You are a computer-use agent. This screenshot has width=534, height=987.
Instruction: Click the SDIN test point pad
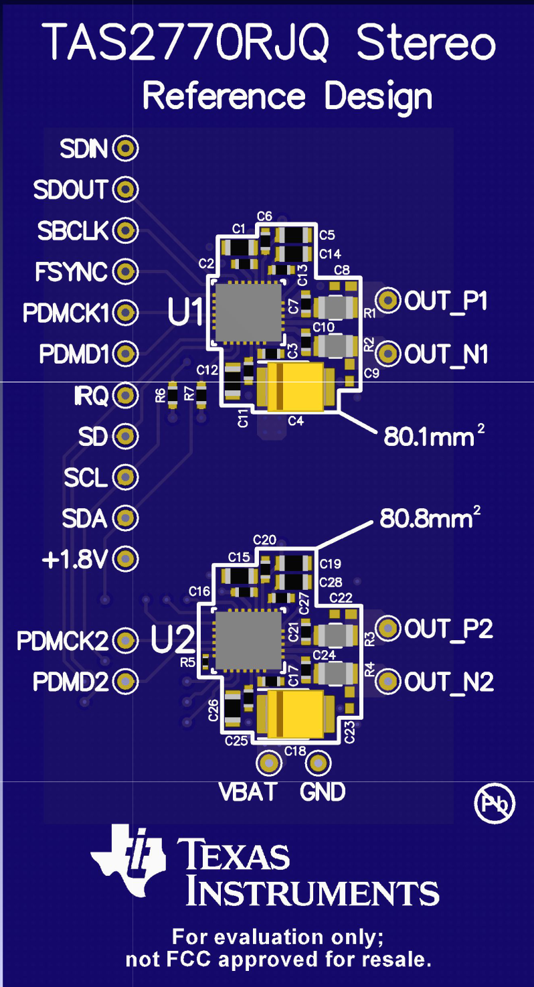pos(124,148)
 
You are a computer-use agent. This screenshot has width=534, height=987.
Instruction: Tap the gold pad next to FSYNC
pos(124,271)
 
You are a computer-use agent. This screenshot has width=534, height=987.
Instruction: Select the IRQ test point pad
pos(124,396)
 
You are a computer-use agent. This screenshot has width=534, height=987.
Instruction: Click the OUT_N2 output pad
pos(387,682)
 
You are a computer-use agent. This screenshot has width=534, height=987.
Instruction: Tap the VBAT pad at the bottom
pos(269,763)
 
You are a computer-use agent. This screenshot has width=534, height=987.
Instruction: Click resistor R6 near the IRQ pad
pos(173,396)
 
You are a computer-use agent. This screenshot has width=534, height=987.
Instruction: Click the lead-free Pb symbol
pos(495,804)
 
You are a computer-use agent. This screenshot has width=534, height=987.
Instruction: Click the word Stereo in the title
pos(426,44)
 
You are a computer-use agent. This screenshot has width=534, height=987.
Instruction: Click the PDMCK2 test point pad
pos(124,641)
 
